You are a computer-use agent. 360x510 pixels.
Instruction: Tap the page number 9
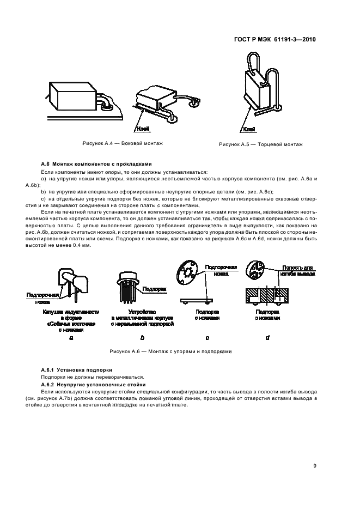coord(315,465)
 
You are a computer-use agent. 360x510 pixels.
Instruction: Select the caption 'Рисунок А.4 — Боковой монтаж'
coord(122,143)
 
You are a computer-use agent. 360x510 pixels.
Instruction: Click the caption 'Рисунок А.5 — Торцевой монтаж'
coord(260,144)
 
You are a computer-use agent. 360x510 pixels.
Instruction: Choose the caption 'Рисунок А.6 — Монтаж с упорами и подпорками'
coord(170,351)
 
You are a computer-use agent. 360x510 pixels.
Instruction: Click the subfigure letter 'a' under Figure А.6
coord(71,338)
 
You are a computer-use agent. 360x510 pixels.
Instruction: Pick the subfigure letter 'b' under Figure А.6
coord(142,338)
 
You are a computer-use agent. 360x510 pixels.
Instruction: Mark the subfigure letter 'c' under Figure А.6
coord(208,338)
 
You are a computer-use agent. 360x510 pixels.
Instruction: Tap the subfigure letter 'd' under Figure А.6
coord(267,338)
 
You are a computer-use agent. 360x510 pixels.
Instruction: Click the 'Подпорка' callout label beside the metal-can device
coord(153,289)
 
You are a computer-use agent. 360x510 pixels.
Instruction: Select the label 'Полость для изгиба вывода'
coord(297,271)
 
